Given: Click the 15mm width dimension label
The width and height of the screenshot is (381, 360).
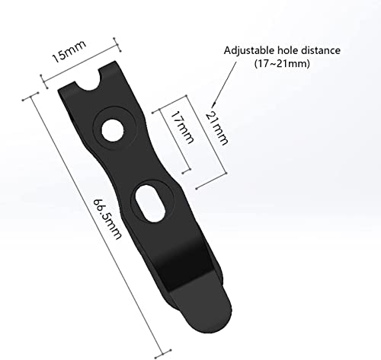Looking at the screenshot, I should click(x=69, y=56).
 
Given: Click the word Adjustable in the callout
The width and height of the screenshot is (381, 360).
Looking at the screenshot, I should click(x=251, y=50).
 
